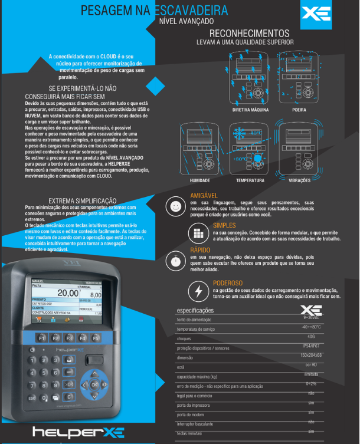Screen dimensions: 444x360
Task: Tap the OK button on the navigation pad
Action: [94, 384]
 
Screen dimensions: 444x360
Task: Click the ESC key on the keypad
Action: [32, 397]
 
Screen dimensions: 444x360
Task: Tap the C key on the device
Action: [69, 397]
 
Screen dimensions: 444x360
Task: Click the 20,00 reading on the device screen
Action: [67, 292]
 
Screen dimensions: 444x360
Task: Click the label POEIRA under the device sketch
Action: [299, 110]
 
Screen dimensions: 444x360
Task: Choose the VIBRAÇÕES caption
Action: [299, 180]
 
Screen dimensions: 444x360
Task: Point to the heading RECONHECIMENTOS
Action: [249, 34]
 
